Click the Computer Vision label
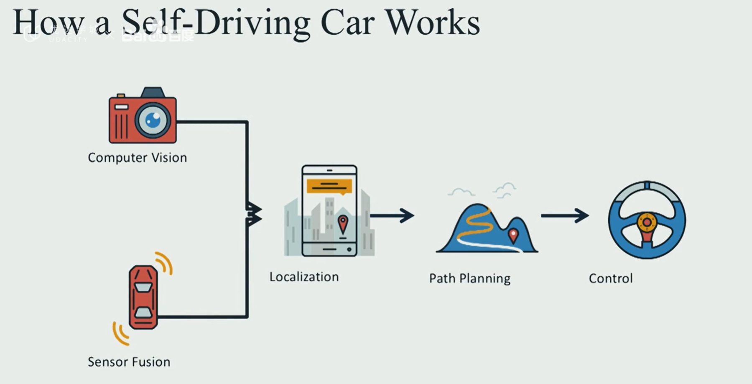point(137,158)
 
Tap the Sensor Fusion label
point(129,362)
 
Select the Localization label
point(304,277)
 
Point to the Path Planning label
point(469,279)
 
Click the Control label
point(610,279)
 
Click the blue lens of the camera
point(153,120)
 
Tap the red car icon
point(143,297)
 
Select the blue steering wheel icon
point(647,220)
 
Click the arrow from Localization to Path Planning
point(392,216)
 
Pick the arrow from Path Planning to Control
point(565,216)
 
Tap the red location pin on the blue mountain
point(513,235)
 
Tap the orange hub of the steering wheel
point(647,222)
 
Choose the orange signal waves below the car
point(120,333)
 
